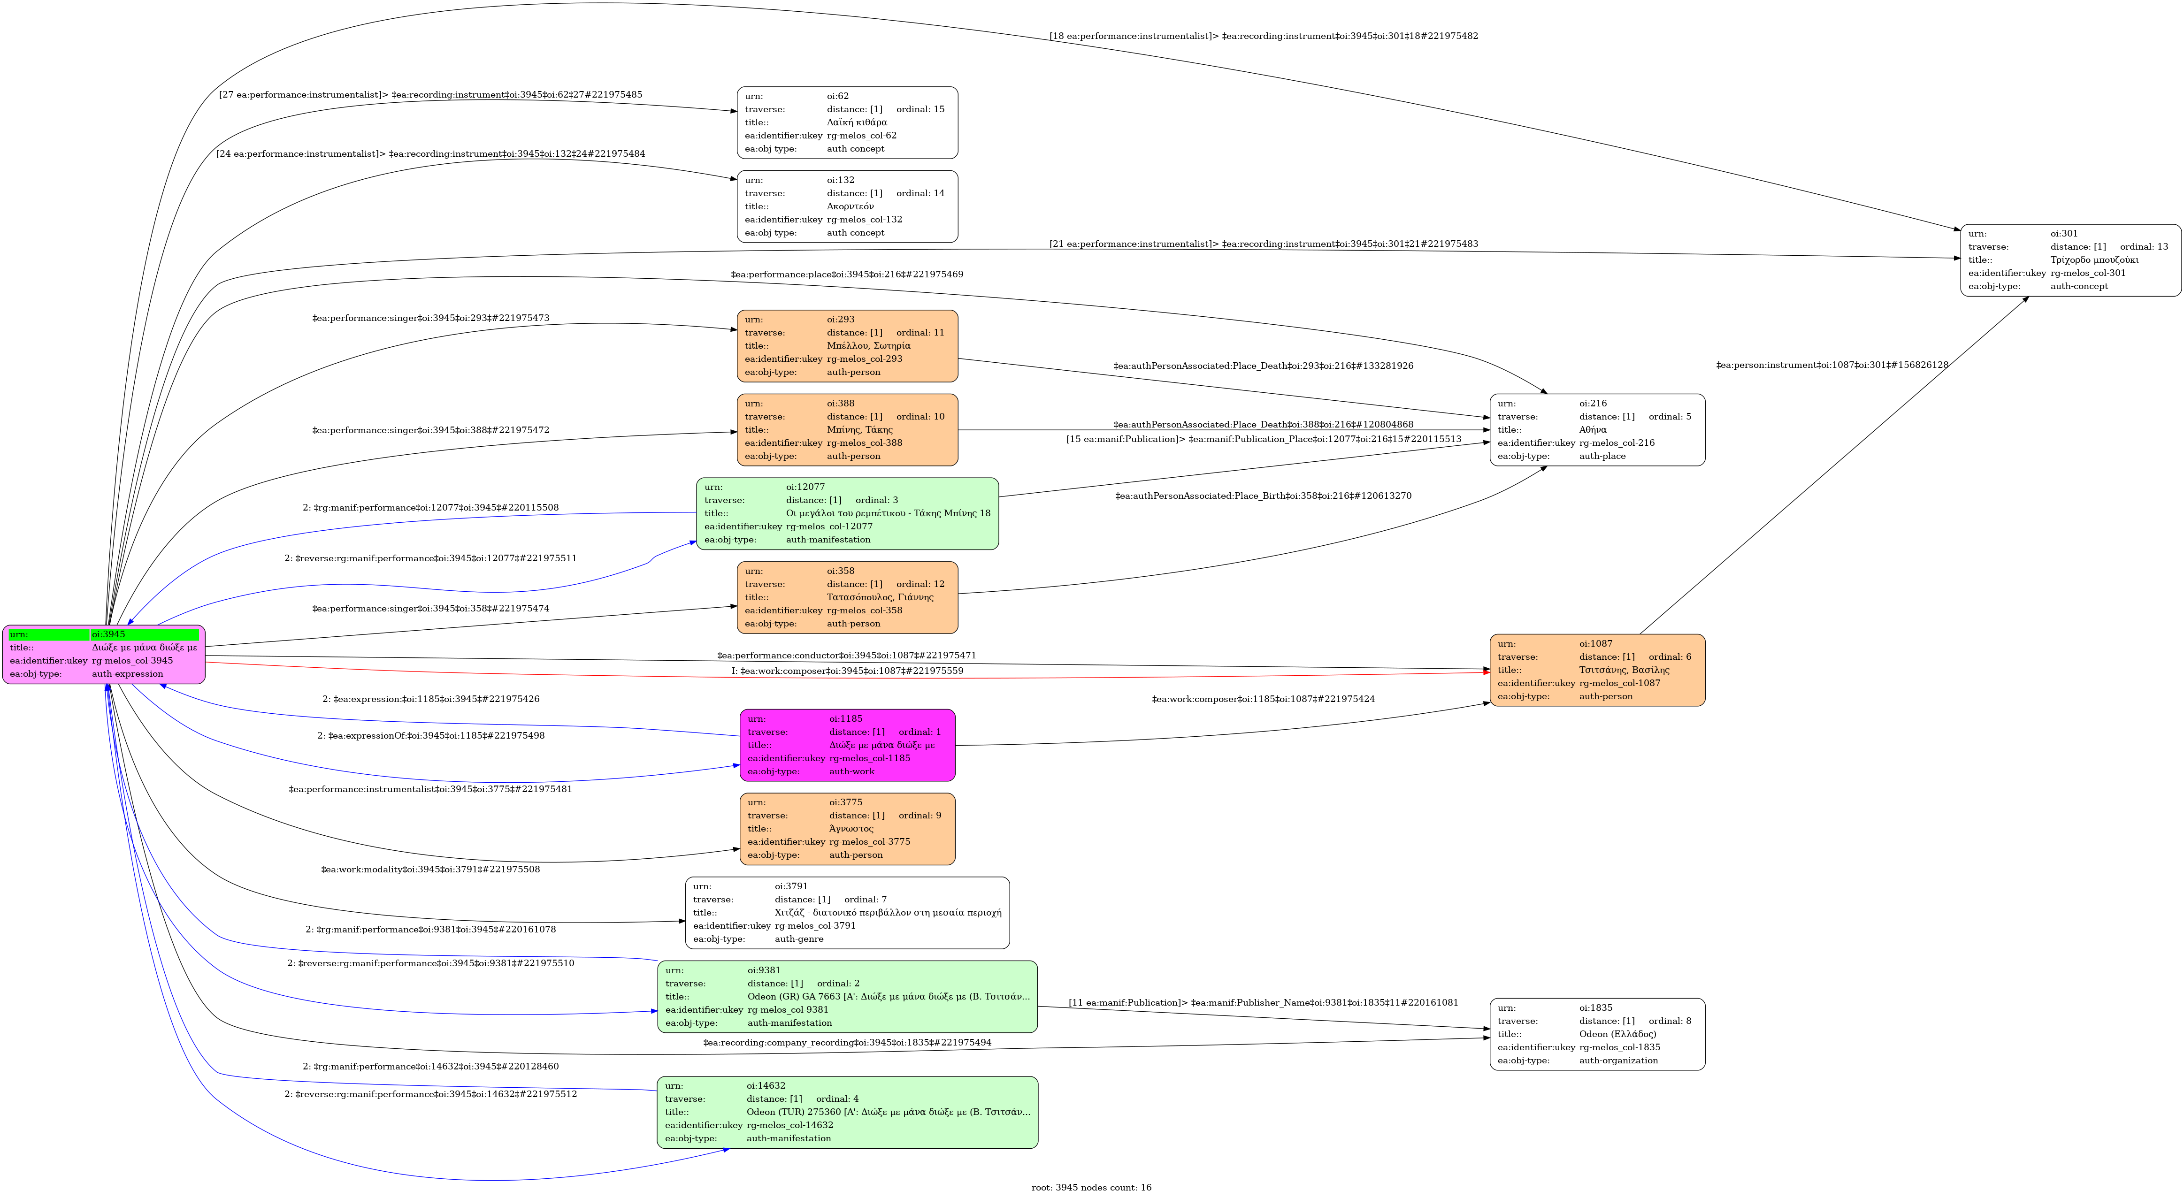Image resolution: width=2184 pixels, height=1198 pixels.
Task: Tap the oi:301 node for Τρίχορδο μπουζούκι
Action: (2070, 259)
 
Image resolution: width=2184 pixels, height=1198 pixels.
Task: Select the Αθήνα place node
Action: (1597, 429)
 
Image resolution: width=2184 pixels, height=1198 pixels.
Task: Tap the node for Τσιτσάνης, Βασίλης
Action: (1597, 670)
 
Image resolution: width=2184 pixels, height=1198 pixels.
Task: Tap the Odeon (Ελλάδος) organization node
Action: (1597, 1033)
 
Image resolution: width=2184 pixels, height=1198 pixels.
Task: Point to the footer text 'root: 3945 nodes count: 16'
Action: (1091, 1187)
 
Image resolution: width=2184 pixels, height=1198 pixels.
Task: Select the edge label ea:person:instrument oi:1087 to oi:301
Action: (1831, 366)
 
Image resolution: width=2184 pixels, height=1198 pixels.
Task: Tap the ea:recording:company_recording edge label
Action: (846, 1042)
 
